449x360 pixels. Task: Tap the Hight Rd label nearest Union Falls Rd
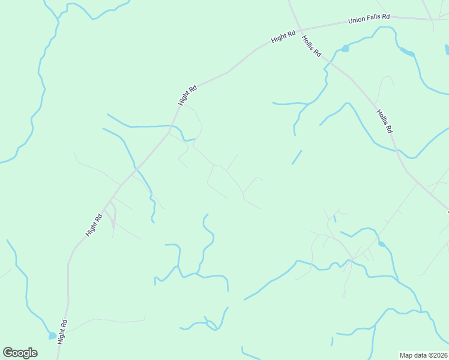point(283,37)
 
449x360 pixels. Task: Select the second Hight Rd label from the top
point(188,96)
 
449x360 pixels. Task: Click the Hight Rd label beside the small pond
point(62,331)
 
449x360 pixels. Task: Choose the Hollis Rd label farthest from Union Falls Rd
point(384,121)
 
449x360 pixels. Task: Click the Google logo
point(20,353)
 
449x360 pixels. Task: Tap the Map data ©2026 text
point(423,355)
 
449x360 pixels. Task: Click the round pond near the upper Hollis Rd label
point(345,48)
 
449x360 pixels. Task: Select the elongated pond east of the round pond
point(408,53)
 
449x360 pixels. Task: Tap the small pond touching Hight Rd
point(52,335)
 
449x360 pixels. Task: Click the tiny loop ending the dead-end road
point(343,295)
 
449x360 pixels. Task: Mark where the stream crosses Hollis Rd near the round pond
point(329,59)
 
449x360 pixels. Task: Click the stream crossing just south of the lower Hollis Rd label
point(397,151)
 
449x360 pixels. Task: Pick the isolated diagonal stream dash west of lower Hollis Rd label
point(297,157)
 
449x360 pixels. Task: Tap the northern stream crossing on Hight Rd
point(173,127)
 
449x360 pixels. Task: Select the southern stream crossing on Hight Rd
point(136,168)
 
